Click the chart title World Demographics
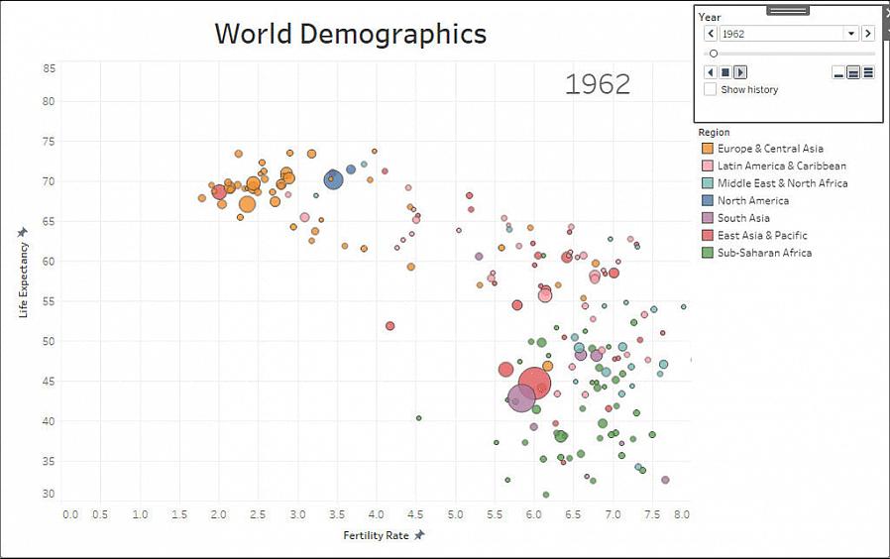coord(350,34)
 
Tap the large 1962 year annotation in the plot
coord(598,84)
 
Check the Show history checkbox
coord(711,89)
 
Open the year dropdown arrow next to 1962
coord(850,34)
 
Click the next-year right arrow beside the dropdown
coord(868,34)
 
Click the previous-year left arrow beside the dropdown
coord(711,34)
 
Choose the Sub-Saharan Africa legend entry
coord(764,253)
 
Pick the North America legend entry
coord(753,200)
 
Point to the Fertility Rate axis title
coord(377,535)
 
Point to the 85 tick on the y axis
coord(49,68)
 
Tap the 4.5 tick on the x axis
coord(415,514)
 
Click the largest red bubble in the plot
coord(534,383)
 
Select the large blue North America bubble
coord(333,179)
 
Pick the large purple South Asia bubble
coord(521,397)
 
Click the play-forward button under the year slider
coord(740,72)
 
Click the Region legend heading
coord(714,132)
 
